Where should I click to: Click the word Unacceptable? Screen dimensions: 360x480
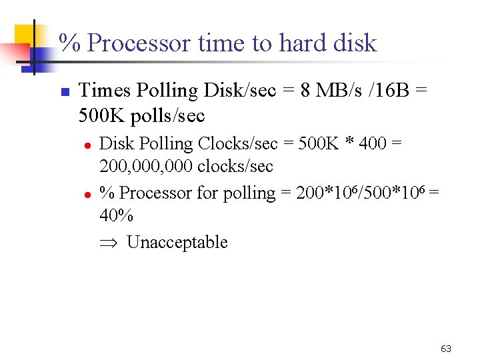[x=177, y=242]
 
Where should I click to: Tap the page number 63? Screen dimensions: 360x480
[x=446, y=349]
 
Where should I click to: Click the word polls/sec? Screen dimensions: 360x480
[x=168, y=116]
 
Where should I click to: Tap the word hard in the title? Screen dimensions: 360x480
[x=305, y=44]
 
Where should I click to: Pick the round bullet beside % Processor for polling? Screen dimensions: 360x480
[x=87, y=194]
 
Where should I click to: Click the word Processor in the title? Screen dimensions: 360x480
[x=141, y=44]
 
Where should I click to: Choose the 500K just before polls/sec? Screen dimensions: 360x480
[x=102, y=116]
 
